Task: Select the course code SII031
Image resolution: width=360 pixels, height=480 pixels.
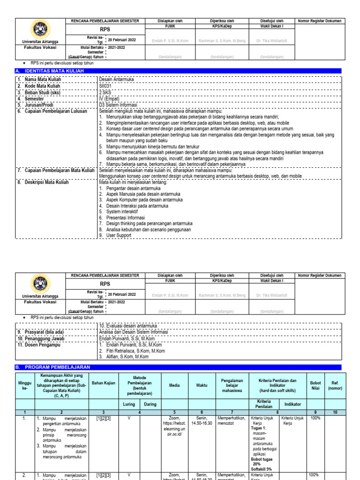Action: [105, 86]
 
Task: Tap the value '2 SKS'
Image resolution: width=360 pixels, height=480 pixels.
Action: [105, 92]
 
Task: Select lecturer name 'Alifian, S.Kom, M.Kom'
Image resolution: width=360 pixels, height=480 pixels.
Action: [128, 356]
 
